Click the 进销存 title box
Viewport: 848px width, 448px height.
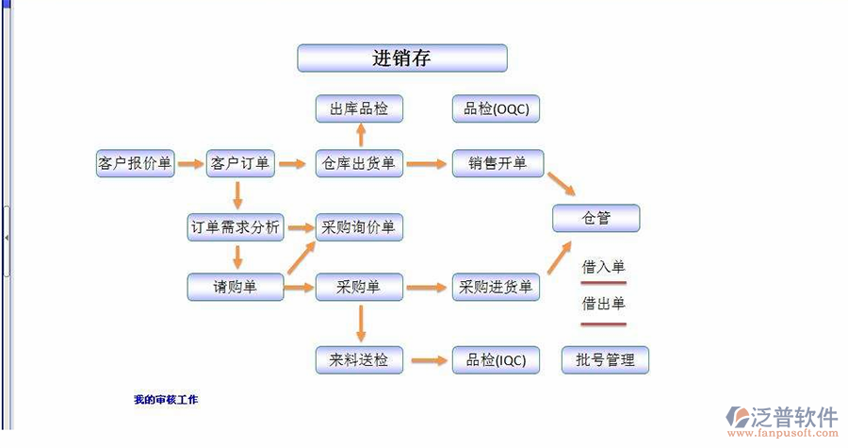click(x=402, y=58)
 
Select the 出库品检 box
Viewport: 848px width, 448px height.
click(x=358, y=109)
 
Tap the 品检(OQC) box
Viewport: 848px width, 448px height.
click(x=497, y=109)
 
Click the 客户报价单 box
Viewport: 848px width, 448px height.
click(x=136, y=163)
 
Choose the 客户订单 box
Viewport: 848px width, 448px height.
click(x=240, y=163)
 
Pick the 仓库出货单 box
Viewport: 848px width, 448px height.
click(x=358, y=163)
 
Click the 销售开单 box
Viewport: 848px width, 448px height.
click(x=497, y=163)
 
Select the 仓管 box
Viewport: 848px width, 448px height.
click(x=595, y=219)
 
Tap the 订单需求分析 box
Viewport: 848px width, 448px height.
click(x=236, y=227)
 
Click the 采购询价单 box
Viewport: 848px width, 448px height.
click(x=358, y=227)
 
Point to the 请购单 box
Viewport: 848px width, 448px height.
click(x=236, y=287)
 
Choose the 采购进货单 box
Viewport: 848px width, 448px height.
click(x=496, y=287)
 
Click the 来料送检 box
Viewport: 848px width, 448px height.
click(x=358, y=359)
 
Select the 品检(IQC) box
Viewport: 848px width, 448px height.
click(x=496, y=359)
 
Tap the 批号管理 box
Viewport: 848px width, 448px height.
click(x=605, y=359)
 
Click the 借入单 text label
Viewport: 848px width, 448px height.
click(x=603, y=267)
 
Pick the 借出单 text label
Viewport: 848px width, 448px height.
click(x=603, y=304)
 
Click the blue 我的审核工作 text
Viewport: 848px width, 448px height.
click(x=166, y=400)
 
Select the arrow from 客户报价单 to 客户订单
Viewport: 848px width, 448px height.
click(x=190, y=163)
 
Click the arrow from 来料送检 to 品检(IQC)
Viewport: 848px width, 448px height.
click(x=428, y=359)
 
